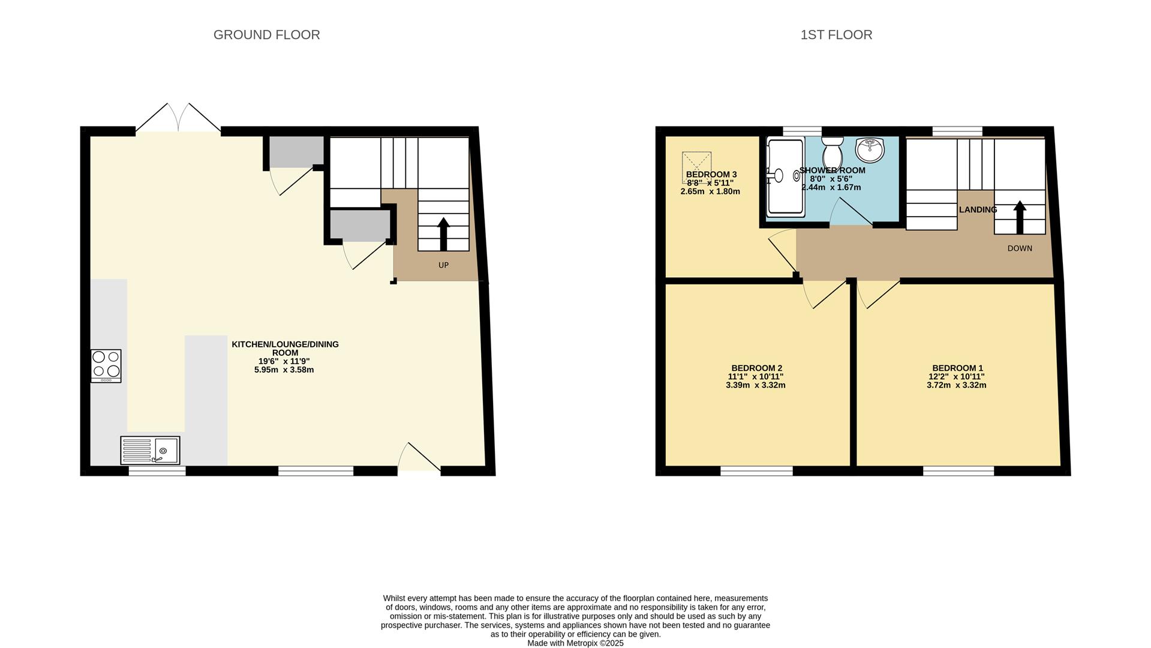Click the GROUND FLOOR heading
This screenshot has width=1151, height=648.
(x=266, y=35)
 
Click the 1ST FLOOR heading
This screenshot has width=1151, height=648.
(x=836, y=35)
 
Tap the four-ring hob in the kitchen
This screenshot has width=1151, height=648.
(x=106, y=365)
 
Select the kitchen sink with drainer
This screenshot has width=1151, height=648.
(x=150, y=450)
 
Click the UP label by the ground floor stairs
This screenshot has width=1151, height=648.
(x=443, y=265)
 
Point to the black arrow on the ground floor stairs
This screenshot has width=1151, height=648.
(x=443, y=234)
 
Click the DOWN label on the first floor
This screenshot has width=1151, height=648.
(x=1020, y=248)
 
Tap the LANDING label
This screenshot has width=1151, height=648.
(x=978, y=210)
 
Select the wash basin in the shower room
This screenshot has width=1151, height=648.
(x=870, y=149)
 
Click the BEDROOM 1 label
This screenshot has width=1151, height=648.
(x=957, y=368)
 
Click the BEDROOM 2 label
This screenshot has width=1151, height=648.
(x=756, y=368)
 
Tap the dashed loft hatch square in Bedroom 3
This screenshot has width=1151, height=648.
(x=696, y=166)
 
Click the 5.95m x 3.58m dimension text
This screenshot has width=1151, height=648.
(x=284, y=370)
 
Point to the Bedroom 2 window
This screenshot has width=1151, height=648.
(x=756, y=472)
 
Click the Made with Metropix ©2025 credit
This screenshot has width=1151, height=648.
(x=575, y=643)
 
